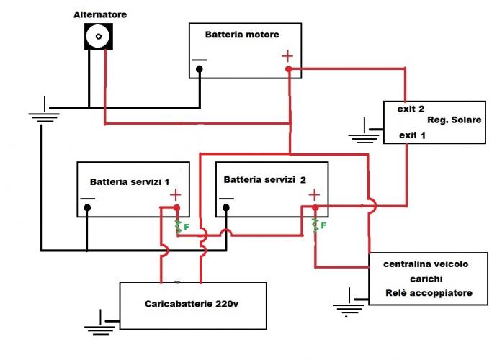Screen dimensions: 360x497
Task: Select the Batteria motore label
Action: point(241,34)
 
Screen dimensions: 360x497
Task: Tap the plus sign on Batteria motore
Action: point(287,55)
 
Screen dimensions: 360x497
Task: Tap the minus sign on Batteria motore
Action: point(200,58)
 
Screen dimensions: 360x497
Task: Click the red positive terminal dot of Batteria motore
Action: point(288,69)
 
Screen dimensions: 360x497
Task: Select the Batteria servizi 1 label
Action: point(129,181)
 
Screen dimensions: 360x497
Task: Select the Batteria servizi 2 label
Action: point(264,179)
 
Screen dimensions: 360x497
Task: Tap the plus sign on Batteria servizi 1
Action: point(175,194)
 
